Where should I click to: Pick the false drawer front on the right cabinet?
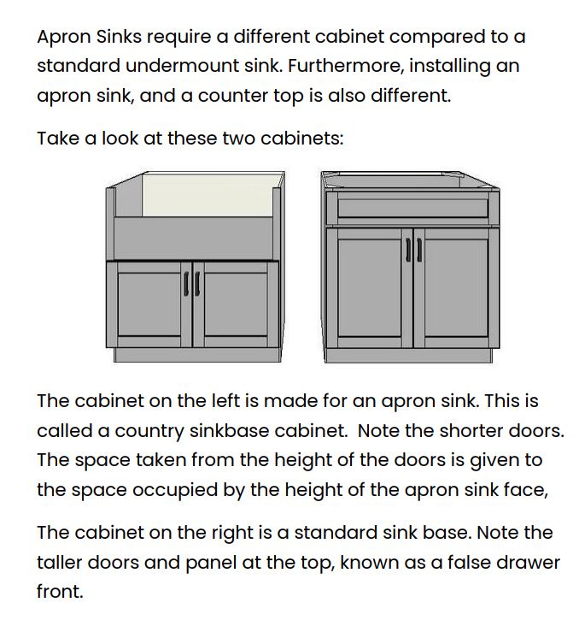(412, 206)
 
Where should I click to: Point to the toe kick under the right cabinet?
(412, 356)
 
